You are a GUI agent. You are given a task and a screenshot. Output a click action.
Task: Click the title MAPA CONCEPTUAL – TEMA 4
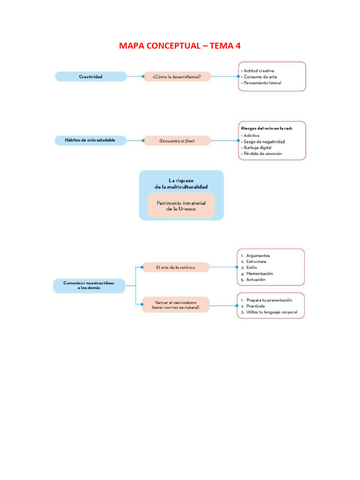[x=180, y=45]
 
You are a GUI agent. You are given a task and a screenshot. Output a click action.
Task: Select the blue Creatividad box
[x=90, y=76]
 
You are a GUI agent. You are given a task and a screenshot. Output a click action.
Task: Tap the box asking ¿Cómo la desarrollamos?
[x=177, y=76]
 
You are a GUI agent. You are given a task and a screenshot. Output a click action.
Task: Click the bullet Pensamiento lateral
[x=262, y=82]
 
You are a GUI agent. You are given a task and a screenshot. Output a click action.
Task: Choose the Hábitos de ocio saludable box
[x=90, y=140]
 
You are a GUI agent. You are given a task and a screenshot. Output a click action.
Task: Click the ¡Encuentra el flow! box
[x=177, y=141]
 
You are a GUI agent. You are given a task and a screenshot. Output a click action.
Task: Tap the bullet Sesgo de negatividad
[x=264, y=141]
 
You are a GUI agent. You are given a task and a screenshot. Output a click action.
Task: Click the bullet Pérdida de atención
[x=262, y=154]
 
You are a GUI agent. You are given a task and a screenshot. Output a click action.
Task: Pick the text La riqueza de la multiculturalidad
[x=181, y=183]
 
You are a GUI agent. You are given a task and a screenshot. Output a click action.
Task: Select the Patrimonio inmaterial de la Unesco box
[x=181, y=206]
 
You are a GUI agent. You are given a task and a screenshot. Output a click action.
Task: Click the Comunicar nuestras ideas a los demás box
[x=89, y=285]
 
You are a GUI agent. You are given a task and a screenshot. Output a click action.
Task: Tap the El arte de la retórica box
[x=175, y=267]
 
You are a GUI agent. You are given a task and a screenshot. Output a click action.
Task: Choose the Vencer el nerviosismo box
[x=175, y=305]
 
